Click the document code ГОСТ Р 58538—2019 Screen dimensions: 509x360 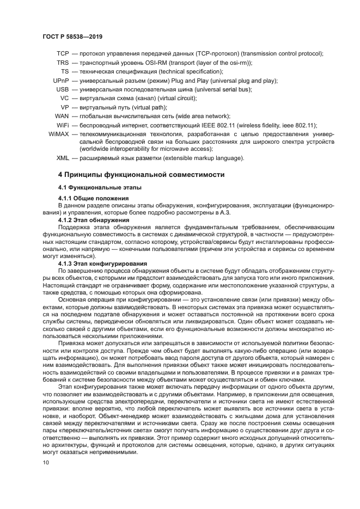tap(72, 36)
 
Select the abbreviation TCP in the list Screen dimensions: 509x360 tap(63, 54)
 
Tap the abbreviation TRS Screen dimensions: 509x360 tap(63, 63)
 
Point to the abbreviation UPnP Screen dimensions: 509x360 tap(60, 81)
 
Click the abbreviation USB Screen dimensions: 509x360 tap(63, 89)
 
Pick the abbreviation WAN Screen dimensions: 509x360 tap(62, 116)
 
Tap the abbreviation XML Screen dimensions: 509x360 tap(63, 158)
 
